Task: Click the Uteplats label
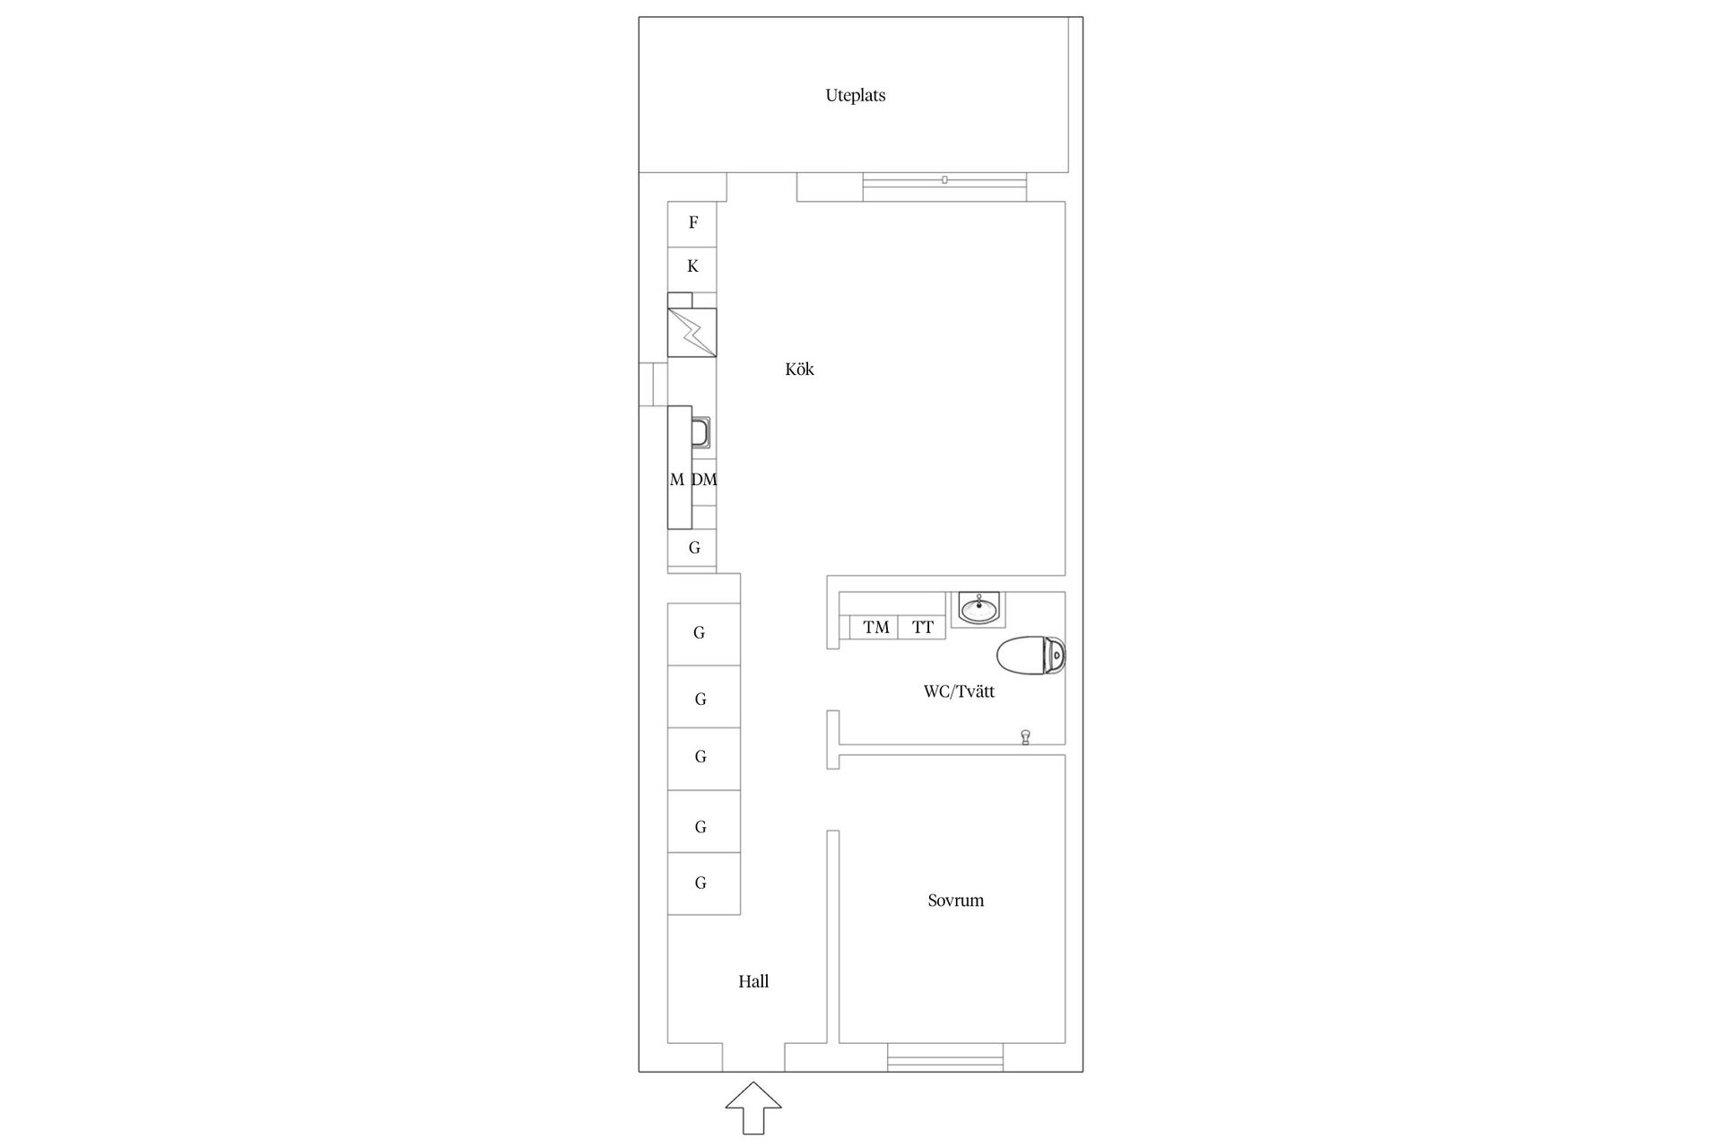point(855,95)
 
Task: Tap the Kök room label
point(799,370)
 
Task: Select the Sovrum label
point(955,900)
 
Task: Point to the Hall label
point(753,981)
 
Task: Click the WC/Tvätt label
point(959,691)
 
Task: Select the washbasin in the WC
point(978,609)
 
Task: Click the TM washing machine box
point(875,627)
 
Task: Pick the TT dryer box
point(922,627)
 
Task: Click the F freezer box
point(692,223)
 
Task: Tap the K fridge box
point(692,266)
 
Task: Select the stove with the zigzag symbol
point(691,333)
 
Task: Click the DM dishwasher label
point(704,480)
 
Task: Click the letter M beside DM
point(677,480)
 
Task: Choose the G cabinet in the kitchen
point(693,547)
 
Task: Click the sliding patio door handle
point(944,180)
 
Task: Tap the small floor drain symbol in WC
point(1025,737)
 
